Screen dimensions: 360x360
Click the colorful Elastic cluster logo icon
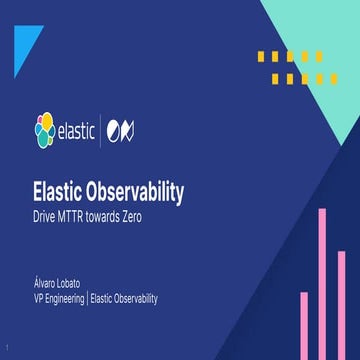(x=45, y=131)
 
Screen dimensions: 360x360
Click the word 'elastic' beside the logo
(x=78, y=131)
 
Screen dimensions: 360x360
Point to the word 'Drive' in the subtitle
(x=46, y=215)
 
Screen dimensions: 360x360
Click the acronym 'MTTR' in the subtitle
(x=75, y=215)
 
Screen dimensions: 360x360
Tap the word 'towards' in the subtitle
(x=113, y=215)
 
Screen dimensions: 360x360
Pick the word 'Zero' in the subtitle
(x=146, y=215)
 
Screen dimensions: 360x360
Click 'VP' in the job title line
(x=39, y=298)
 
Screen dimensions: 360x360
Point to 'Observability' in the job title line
(x=134, y=298)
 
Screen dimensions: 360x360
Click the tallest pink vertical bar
(x=322, y=284)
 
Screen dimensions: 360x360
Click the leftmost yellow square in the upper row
(x=261, y=55)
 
